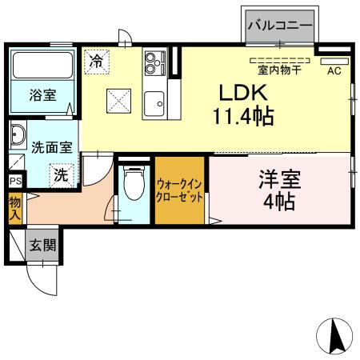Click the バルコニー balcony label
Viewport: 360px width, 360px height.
278,25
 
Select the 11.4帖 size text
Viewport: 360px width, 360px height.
242,117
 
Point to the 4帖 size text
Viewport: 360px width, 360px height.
278,202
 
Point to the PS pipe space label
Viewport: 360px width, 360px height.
14,181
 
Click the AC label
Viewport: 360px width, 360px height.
334,70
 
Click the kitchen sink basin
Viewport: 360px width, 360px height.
154,102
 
